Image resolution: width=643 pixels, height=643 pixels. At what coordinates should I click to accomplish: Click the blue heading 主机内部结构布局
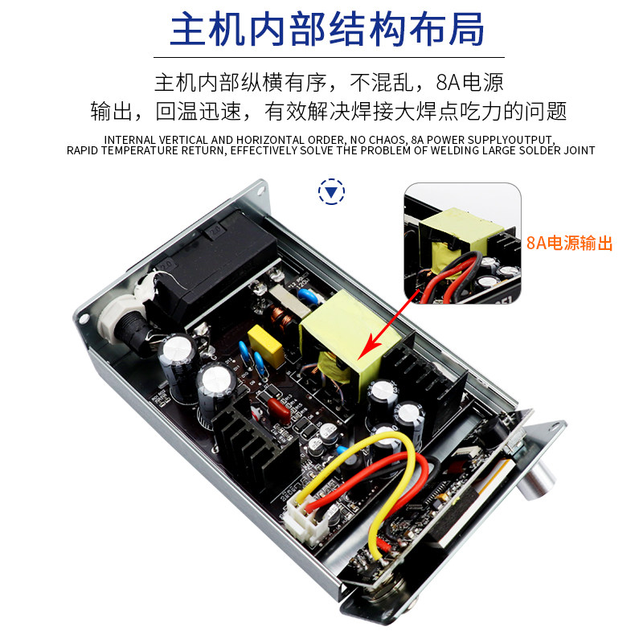(x=327, y=29)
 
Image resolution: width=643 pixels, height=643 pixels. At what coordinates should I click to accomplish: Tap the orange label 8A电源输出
(x=569, y=244)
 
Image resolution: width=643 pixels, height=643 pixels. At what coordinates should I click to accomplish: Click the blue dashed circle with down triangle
(x=331, y=191)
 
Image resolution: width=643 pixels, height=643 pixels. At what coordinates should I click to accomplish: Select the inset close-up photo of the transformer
(x=463, y=244)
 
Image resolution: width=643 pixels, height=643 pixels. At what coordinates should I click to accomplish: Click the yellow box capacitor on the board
(x=266, y=346)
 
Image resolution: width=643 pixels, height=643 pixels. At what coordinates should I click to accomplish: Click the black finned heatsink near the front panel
(x=427, y=375)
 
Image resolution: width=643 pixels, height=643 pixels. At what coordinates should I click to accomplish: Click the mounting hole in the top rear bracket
(x=260, y=190)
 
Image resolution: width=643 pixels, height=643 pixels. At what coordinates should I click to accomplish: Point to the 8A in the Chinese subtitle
(x=448, y=83)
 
